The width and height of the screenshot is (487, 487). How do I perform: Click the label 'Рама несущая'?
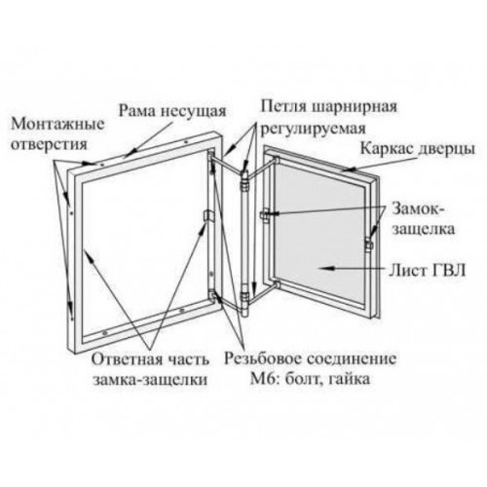click(172, 110)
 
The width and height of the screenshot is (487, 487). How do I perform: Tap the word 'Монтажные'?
click(57, 124)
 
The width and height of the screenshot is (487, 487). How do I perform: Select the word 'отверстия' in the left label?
click(50, 144)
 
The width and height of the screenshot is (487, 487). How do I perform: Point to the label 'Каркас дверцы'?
click(418, 149)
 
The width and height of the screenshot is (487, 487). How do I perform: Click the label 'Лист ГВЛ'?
click(427, 270)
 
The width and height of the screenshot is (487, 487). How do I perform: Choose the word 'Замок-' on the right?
click(418, 209)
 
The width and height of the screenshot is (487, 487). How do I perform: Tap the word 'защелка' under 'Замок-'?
click(424, 229)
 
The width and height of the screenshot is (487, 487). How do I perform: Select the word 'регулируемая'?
click(314, 129)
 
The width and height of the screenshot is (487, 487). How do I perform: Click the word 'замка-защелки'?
click(150, 380)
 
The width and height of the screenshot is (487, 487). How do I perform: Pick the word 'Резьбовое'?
click(265, 359)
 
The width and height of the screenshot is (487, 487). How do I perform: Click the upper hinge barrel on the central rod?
click(244, 179)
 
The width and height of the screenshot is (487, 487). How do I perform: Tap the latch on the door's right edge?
click(368, 244)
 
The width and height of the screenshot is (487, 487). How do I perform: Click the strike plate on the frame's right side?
click(208, 215)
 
